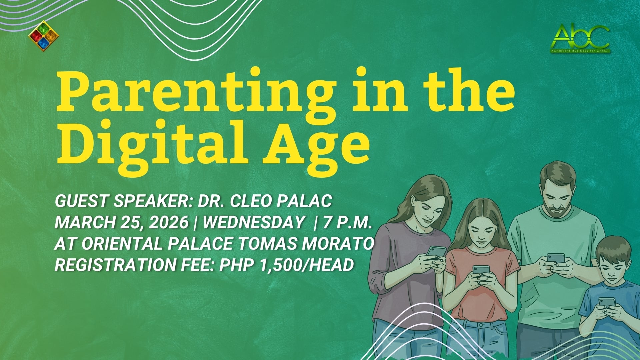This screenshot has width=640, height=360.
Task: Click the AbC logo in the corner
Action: (x=580, y=38)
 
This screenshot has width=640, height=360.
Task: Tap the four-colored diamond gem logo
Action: (x=43, y=36)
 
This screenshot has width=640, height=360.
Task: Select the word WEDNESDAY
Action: (x=253, y=222)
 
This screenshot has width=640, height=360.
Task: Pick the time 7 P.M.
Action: (x=347, y=222)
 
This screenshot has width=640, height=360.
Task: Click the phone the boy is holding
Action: (x=607, y=303)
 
